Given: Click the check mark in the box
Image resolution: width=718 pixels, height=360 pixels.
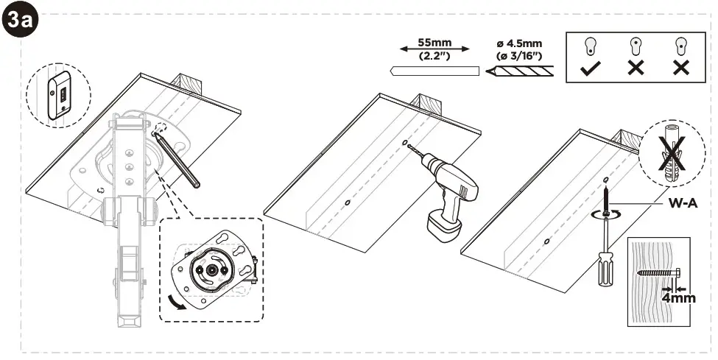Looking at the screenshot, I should (x=591, y=68).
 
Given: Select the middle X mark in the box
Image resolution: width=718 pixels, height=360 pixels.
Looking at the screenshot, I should (x=636, y=68).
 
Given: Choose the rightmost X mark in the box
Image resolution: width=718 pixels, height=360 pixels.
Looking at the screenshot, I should (x=681, y=68).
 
